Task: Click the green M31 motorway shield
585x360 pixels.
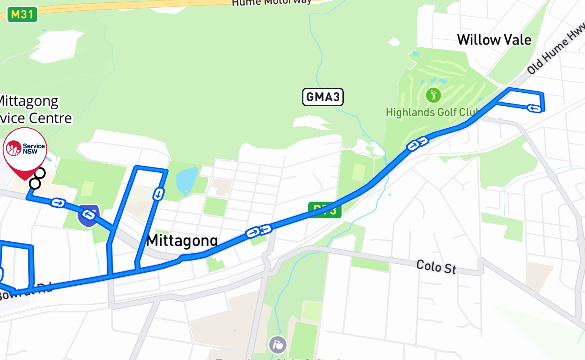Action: [x=22, y=14]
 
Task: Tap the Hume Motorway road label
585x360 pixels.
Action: [x=271, y=2]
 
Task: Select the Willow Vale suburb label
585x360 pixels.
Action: [x=494, y=40]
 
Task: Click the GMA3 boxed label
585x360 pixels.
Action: [x=323, y=97]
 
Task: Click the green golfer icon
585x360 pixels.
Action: [x=433, y=95]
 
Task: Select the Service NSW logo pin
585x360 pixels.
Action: [x=25, y=149]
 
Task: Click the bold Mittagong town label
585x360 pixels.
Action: [x=182, y=241]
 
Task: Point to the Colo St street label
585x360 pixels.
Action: [x=436, y=266]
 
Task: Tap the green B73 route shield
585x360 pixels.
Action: [x=325, y=210]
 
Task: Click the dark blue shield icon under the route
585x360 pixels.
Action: [x=88, y=215]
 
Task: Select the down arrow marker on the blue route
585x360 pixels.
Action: [x=158, y=194]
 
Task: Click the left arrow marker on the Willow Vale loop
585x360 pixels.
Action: [x=534, y=108]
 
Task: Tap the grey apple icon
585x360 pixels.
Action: [x=278, y=345]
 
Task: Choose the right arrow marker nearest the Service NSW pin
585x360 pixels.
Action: [x=58, y=203]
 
